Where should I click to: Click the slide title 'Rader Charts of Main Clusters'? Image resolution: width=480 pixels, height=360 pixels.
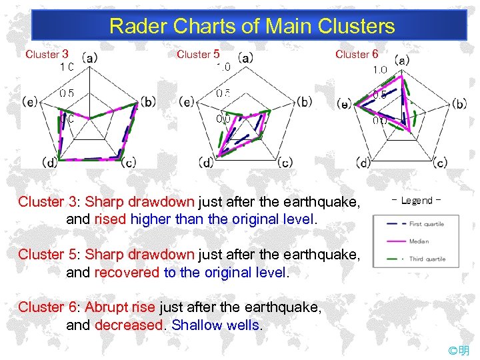coord(252,27)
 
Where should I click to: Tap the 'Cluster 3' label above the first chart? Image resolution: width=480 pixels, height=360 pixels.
coord(47,55)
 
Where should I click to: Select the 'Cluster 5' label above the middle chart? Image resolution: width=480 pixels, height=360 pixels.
coord(198,55)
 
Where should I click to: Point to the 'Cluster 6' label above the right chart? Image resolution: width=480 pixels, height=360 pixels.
coord(357,55)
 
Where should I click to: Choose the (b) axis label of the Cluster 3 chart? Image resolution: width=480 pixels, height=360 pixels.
coord(148,102)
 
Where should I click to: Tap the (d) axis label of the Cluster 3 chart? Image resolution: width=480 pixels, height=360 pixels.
coord(49,162)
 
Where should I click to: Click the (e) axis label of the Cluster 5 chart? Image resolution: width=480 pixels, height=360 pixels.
coord(187,102)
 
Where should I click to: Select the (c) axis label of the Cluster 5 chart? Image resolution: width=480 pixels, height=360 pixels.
coord(285,162)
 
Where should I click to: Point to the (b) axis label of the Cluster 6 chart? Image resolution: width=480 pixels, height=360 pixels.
coord(459,103)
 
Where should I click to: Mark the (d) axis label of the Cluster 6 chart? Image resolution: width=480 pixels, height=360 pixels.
coord(363,162)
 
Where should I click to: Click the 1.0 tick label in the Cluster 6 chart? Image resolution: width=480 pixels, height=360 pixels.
coord(380,70)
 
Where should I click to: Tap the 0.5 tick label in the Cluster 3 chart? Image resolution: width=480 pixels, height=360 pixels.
coord(67,93)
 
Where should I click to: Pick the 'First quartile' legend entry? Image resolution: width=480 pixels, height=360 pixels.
coord(427,224)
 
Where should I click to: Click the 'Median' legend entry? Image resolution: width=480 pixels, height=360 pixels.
coord(419,241)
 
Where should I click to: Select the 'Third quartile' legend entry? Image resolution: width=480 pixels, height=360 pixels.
coord(427,259)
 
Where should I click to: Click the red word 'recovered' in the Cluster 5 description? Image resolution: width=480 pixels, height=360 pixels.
coord(127,273)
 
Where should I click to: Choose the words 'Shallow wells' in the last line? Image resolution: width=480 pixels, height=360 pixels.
coord(216,325)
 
